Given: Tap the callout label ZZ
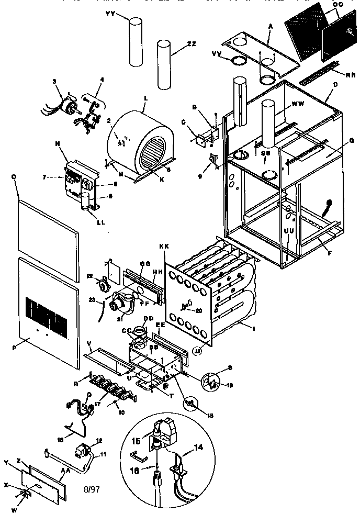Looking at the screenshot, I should click(x=192, y=45).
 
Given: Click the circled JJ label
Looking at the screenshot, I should click(x=198, y=351).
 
